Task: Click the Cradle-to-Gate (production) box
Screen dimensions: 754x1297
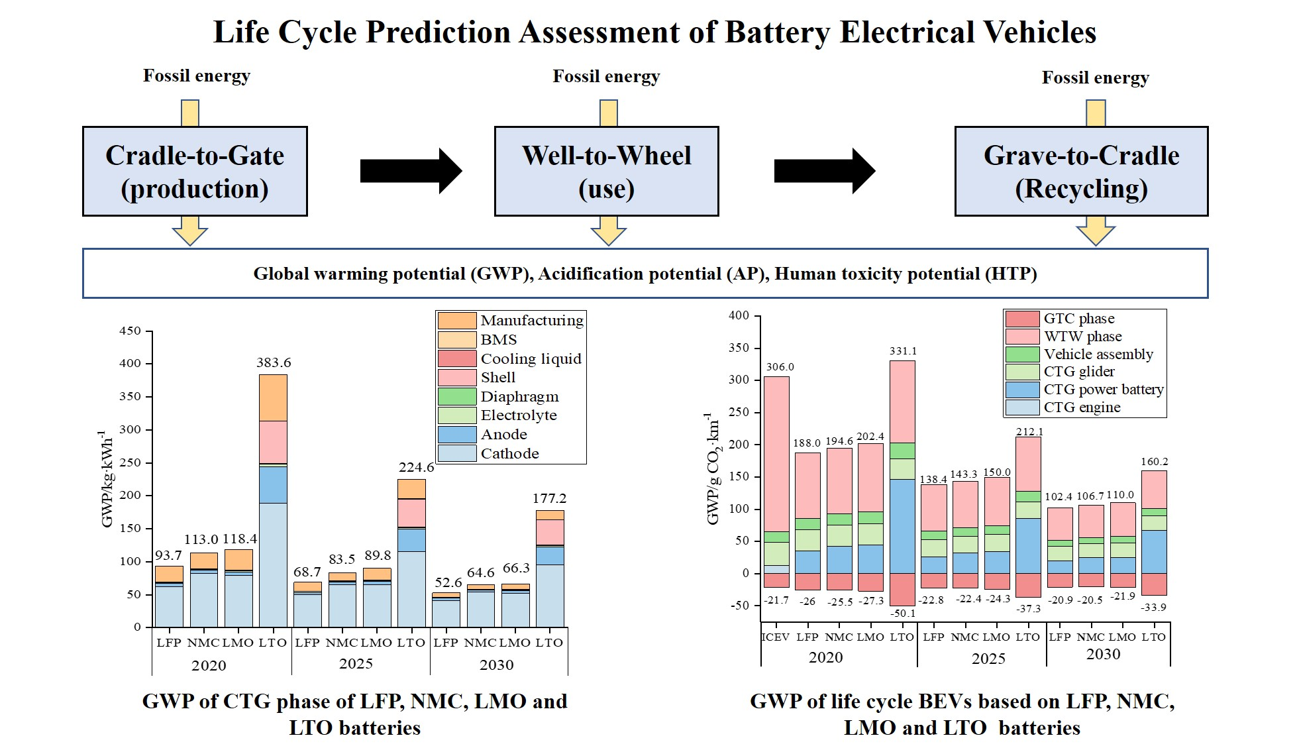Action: tap(195, 172)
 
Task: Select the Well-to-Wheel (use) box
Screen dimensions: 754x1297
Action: tap(606, 172)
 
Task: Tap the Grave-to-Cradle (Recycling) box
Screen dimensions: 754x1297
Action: tap(1081, 172)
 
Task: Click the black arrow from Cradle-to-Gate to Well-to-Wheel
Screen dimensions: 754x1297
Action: tap(410, 171)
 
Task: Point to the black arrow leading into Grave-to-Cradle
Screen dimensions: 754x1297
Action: tap(824, 171)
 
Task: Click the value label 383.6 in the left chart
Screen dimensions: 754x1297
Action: tap(274, 362)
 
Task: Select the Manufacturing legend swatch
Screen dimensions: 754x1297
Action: tap(456, 321)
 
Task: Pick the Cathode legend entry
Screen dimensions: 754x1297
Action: tap(509, 454)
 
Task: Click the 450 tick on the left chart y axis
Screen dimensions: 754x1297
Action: tap(130, 331)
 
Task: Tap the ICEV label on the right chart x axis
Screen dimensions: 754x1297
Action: tap(775, 637)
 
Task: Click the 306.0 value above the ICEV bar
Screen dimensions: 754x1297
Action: tap(780, 366)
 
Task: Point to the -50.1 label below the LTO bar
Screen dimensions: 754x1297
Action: tap(902, 613)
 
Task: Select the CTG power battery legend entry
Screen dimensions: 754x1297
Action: tap(1104, 390)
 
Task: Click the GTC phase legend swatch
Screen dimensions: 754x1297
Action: tap(1022, 319)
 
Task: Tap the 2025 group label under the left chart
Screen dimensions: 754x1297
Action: tap(356, 664)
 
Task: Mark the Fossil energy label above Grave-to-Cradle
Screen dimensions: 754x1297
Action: tap(1095, 78)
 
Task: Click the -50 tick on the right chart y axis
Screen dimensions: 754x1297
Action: tap(738, 606)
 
